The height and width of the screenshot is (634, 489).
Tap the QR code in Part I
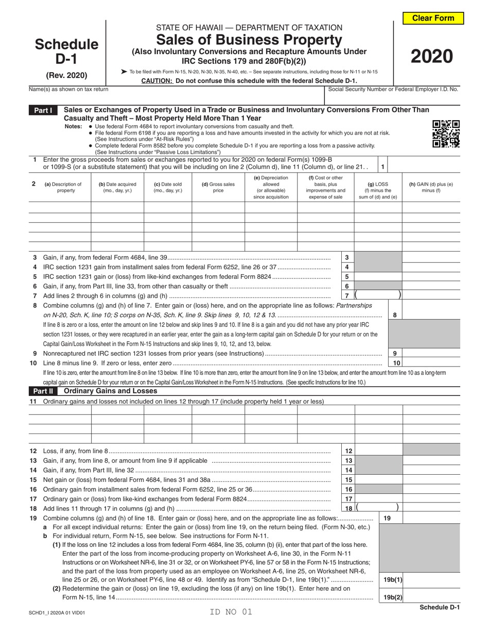click(x=445, y=134)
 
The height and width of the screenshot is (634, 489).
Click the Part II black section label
click(x=43, y=391)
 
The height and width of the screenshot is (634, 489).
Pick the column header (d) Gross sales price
click(x=218, y=187)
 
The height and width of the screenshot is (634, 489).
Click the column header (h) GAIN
click(x=431, y=187)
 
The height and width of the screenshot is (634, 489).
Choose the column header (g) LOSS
click(x=377, y=187)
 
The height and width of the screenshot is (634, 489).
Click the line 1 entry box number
click(x=382, y=167)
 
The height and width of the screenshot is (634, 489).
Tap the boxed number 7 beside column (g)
click(x=346, y=296)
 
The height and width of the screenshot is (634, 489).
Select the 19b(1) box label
click(x=392, y=580)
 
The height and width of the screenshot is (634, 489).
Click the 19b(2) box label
click(x=392, y=597)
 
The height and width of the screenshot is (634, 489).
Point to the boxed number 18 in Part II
click(x=348, y=509)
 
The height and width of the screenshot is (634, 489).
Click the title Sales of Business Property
click(x=249, y=40)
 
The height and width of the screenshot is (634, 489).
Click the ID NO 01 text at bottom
click(x=232, y=612)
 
